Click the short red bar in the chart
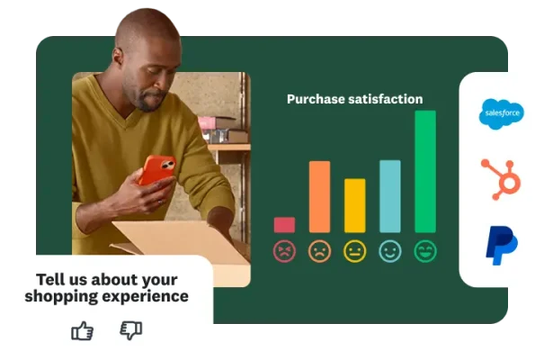coord(284,225)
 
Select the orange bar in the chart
coord(319,197)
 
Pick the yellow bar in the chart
coord(355,206)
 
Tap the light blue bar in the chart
coord(389,196)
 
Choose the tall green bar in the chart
coord(424,171)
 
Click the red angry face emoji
coord(284,251)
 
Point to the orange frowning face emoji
coord(319,251)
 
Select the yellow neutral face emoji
coord(355,251)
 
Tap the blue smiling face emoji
coord(389,251)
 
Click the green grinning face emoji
coord(424,251)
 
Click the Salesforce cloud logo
coord(501,112)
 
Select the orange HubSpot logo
coord(501,177)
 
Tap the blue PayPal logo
coord(501,246)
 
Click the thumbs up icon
coord(83,330)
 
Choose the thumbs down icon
coord(131,330)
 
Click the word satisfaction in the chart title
coord(387,99)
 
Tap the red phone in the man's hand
coord(156,169)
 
